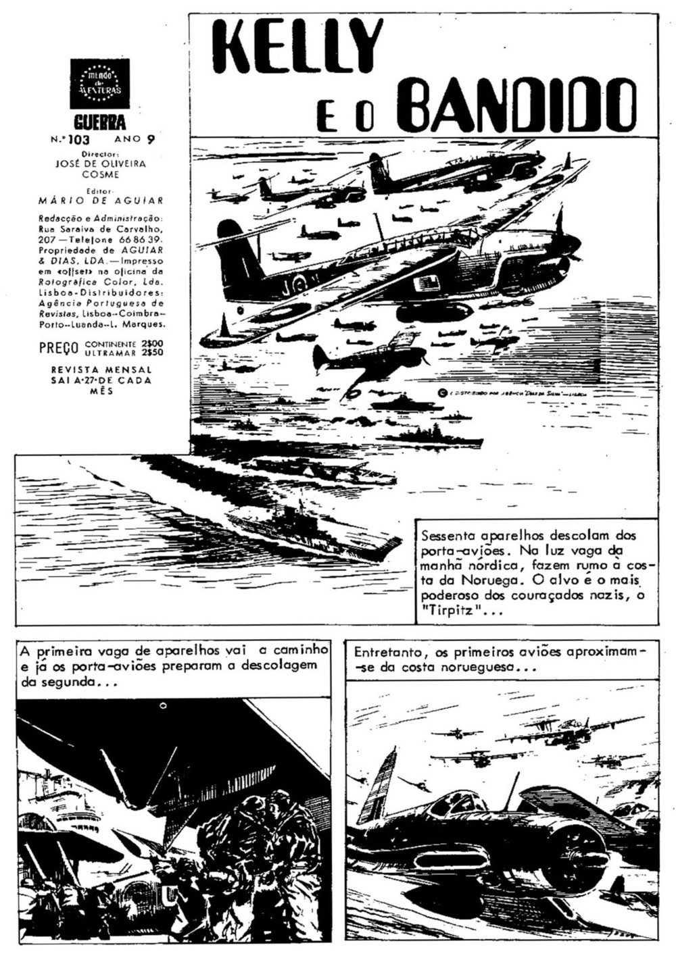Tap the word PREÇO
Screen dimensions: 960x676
point(59,348)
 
